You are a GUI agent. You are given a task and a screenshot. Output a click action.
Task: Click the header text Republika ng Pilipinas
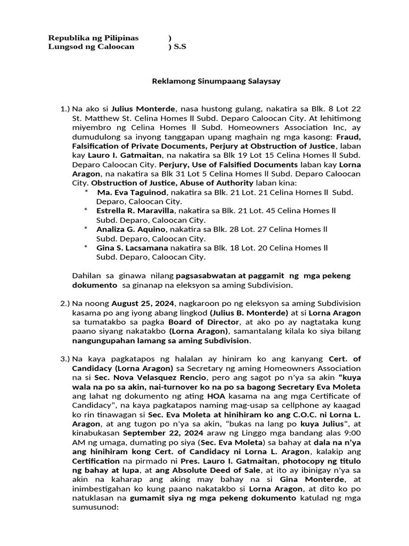[93, 38]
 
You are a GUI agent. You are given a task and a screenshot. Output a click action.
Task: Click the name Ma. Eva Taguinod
[127, 192]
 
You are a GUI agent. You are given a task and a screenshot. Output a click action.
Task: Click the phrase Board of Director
[202, 322]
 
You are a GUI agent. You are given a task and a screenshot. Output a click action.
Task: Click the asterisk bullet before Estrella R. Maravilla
[86, 211]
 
